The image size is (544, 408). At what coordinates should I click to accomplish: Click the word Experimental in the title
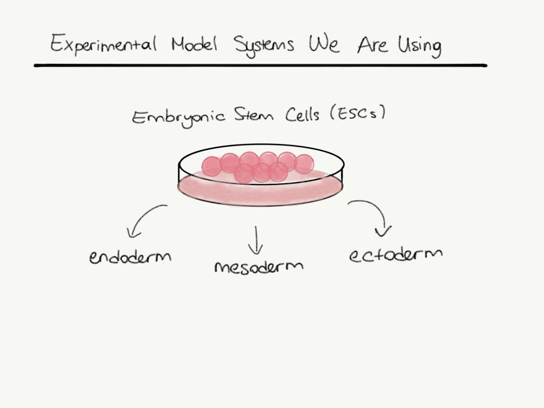(x=103, y=44)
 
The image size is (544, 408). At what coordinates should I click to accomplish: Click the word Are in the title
(x=373, y=45)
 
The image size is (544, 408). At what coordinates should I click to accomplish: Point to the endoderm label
(x=131, y=257)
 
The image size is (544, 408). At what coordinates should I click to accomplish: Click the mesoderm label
(x=259, y=265)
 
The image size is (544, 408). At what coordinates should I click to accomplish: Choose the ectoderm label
(x=396, y=253)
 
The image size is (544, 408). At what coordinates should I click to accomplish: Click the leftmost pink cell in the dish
(x=211, y=166)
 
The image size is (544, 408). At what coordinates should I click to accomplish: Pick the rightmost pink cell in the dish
(x=304, y=164)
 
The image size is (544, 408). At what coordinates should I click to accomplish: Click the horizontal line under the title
(x=260, y=65)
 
